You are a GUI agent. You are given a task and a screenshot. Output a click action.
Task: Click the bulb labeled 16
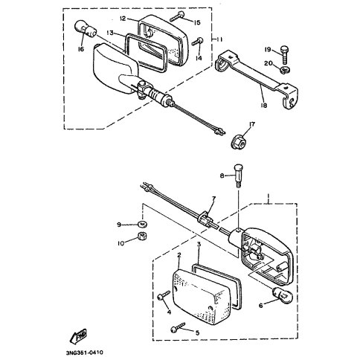point(85,29)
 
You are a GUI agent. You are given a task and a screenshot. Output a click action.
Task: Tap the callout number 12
point(123,19)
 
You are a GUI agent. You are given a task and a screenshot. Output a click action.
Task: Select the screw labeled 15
point(177,17)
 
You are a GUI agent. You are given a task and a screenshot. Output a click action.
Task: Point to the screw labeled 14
point(198,42)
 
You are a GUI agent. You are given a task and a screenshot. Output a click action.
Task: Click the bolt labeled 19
point(285,55)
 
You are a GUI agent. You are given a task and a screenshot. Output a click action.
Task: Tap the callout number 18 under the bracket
point(264,105)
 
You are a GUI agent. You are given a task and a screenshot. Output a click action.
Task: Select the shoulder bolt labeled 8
point(238,176)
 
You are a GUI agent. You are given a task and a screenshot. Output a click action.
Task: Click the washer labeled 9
point(143,224)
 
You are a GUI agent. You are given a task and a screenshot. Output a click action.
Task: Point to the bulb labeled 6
point(283,295)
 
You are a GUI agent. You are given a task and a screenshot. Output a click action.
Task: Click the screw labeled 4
point(164,295)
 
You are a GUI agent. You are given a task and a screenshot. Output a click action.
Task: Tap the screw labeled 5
point(178,327)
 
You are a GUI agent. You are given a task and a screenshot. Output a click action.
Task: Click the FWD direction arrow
point(78,335)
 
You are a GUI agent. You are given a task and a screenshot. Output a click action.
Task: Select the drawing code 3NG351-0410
point(84,353)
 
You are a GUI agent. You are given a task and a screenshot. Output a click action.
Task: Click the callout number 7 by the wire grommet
point(213,198)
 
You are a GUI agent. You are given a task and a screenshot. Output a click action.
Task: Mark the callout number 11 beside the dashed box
point(219,39)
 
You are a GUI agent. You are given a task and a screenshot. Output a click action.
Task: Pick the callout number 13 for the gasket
point(110,33)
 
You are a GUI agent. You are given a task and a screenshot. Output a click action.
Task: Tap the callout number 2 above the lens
point(179,255)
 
